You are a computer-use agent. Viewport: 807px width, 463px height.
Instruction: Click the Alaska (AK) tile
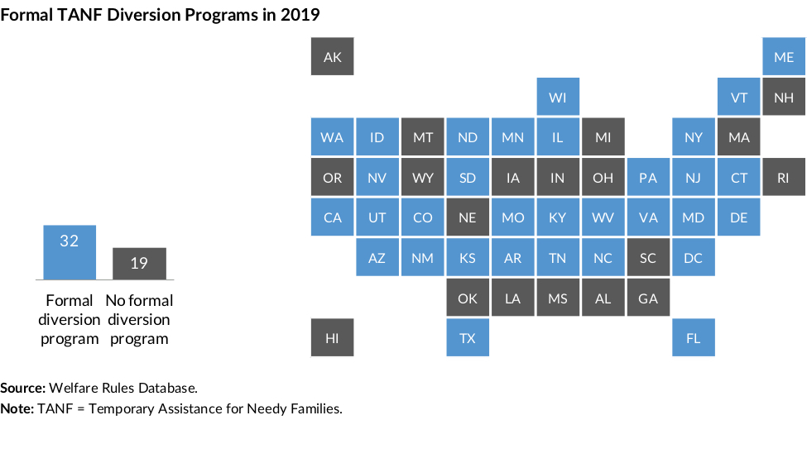tap(332, 57)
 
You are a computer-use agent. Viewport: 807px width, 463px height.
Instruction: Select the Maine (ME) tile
tap(784, 57)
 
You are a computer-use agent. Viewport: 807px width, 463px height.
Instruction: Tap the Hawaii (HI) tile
tap(332, 338)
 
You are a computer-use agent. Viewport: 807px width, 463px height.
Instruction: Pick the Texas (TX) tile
tap(468, 338)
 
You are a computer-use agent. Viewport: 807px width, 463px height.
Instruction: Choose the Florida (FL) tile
tap(694, 338)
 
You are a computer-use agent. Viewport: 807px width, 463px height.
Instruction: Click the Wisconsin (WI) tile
tap(558, 98)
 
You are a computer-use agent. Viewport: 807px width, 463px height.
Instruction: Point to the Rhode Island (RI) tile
tap(784, 178)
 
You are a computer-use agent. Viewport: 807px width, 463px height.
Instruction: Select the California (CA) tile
tap(332, 217)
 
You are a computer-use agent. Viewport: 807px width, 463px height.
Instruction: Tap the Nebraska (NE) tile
tap(468, 217)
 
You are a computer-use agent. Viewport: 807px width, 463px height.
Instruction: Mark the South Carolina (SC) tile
tap(648, 258)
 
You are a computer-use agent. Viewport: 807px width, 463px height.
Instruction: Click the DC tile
tap(694, 258)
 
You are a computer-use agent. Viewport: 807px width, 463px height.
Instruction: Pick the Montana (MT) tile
tap(422, 137)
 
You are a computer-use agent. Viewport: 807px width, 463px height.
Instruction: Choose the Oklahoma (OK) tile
tap(468, 298)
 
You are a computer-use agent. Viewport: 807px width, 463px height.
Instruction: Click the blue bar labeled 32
tap(70, 251)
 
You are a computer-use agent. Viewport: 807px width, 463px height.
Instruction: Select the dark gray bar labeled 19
tap(139, 263)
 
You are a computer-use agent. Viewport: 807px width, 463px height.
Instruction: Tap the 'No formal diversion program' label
tap(139, 319)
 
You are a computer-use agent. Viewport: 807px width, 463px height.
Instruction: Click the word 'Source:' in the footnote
tap(23, 387)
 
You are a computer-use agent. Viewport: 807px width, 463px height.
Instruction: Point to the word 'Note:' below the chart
tap(17, 408)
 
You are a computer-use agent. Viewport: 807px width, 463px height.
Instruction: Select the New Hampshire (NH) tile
tap(784, 98)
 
